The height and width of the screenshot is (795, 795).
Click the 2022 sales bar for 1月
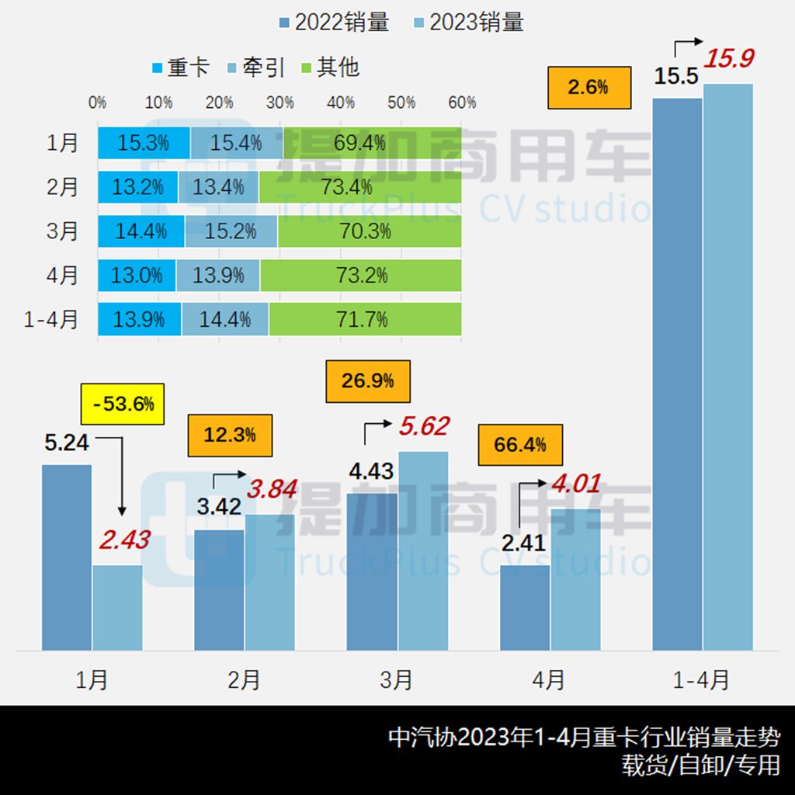click(x=67, y=557)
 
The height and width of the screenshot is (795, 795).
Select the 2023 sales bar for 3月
click(x=423, y=550)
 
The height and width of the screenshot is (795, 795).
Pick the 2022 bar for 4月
click(x=525, y=607)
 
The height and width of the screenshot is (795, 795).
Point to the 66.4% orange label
click(x=519, y=445)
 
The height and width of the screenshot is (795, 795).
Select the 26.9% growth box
click(x=367, y=380)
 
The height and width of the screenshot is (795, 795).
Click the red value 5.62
click(x=423, y=426)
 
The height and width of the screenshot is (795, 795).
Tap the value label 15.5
click(x=676, y=78)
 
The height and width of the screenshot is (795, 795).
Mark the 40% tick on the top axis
click(x=341, y=102)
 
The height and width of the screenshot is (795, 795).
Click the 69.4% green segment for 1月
click(x=372, y=143)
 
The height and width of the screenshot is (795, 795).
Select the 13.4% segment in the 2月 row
click(x=218, y=187)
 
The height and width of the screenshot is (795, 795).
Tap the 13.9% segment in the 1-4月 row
click(x=140, y=319)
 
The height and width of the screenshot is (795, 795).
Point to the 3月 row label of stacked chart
click(x=63, y=231)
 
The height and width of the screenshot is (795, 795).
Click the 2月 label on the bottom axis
click(x=245, y=680)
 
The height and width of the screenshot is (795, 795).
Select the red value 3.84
click(x=272, y=489)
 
